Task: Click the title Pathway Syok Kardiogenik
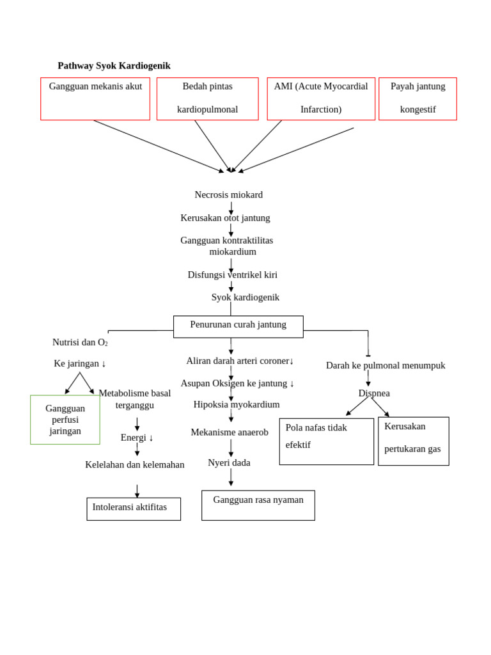click(x=114, y=66)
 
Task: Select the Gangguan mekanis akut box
click(x=95, y=99)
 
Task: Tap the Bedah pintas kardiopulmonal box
click(x=207, y=99)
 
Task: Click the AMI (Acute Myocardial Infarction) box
click(x=321, y=99)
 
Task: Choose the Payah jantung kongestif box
click(x=417, y=99)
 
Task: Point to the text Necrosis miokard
click(x=228, y=194)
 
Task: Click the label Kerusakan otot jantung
click(x=225, y=218)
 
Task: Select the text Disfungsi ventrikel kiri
click(x=232, y=275)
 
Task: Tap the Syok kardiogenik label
click(x=245, y=297)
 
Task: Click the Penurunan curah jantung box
click(x=238, y=326)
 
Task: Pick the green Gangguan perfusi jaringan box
click(x=65, y=420)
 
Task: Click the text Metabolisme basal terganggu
click(x=135, y=399)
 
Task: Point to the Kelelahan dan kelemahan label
click(x=135, y=465)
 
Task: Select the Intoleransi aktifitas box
click(x=134, y=509)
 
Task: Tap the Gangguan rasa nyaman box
click(x=258, y=505)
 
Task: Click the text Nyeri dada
click(x=229, y=462)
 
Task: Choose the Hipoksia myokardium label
click(x=237, y=405)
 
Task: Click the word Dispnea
click(x=374, y=393)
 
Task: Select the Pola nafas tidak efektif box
click(x=326, y=441)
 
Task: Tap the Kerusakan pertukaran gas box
click(x=413, y=441)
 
